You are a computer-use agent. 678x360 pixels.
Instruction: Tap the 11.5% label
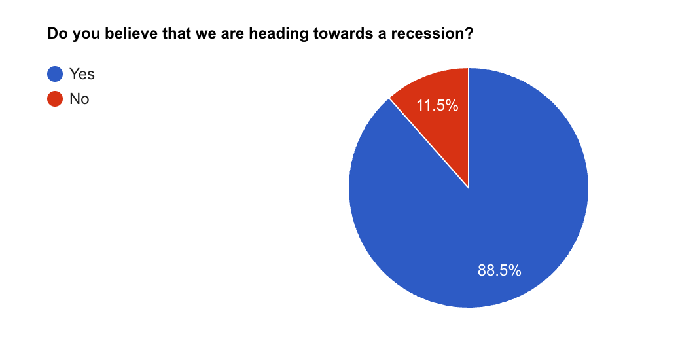coord(437,105)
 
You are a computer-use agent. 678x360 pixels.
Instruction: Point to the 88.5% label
coord(499,270)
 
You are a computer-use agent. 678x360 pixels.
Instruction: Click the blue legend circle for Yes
coord(55,74)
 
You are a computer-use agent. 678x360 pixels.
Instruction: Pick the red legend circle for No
coord(55,99)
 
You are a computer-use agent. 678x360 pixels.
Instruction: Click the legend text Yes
coord(82,74)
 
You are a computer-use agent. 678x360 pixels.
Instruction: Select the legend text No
coord(80,99)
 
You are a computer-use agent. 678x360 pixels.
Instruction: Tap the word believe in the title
coord(132,34)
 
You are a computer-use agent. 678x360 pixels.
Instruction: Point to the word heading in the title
coord(279,35)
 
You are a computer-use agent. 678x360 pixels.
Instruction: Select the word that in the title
coord(177,34)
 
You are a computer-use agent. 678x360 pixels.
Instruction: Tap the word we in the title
coord(205,35)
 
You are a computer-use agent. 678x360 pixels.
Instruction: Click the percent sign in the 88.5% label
coord(515,270)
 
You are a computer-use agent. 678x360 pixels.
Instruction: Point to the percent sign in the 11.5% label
coord(452,105)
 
